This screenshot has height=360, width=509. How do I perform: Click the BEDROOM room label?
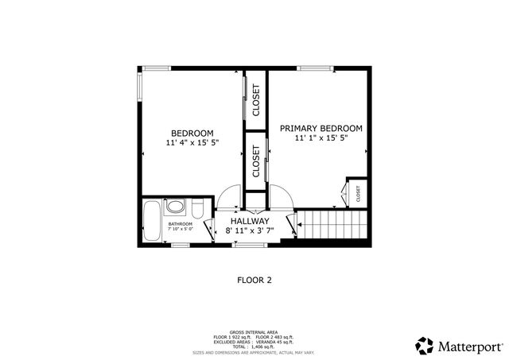tap(192, 132)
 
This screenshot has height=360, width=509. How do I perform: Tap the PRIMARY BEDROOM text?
tap(321, 128)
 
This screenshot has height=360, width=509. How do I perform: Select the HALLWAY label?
tap(250, 221)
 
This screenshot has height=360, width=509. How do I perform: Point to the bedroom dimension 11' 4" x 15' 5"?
tap(192, 143)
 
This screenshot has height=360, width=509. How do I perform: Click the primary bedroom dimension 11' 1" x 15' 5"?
tap(321, 138)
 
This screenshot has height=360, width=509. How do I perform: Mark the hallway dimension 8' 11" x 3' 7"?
tap(250, 231)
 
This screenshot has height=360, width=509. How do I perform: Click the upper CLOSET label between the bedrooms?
tap(256, 100)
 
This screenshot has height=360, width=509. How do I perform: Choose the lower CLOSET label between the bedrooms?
tap(256, 161)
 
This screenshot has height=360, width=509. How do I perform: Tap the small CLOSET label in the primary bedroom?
tap(358, 193)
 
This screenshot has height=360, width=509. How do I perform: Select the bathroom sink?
tap(175, 208)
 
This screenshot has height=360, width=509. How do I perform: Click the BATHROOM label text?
tap(180, 224)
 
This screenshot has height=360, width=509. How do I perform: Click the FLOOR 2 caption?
tap(255, 280)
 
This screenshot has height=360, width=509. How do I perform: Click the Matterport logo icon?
tap(425, 346)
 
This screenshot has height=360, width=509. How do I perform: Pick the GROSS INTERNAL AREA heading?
tap(254, 331)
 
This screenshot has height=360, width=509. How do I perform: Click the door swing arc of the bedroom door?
tap(231, 192)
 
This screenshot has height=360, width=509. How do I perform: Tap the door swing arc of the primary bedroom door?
tap(281, 193)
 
